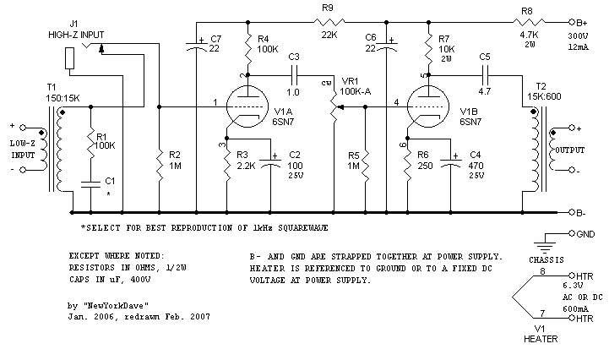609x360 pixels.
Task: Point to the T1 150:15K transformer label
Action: tap(63, 91)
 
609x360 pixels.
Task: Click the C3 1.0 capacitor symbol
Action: tap(293, 75)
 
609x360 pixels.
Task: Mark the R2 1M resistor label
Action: tap(175, 161)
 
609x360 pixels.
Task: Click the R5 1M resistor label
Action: tap(354, 161)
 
